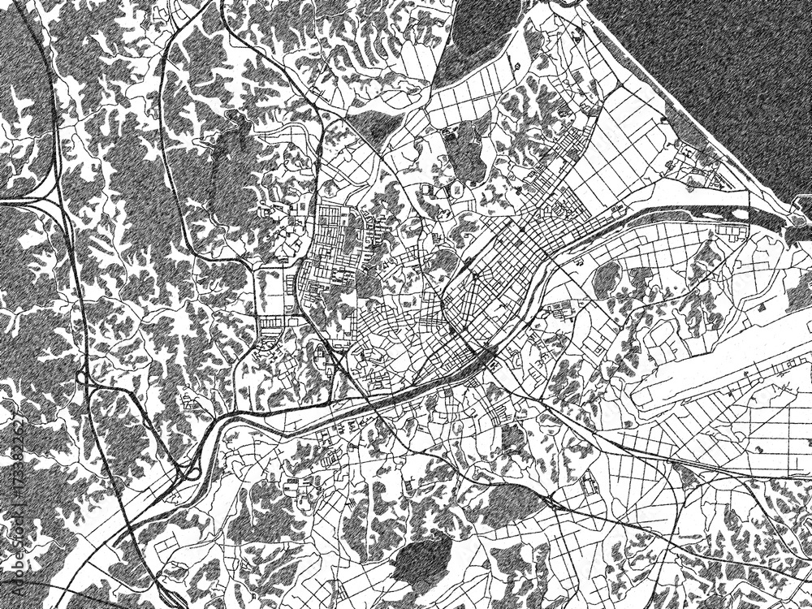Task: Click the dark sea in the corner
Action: tap(715, 65)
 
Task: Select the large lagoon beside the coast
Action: tap(479, 41)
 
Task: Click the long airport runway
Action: tap(723, 365)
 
